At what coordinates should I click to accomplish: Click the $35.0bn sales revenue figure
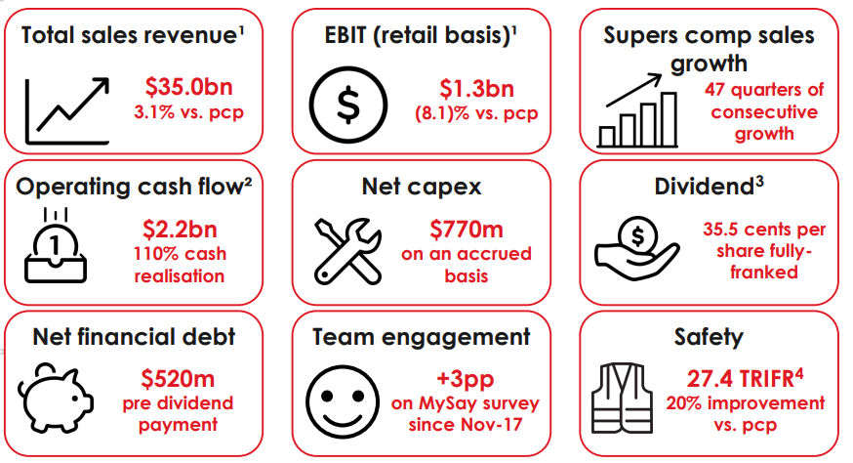pos(188,87)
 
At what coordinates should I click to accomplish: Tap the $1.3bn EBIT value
pos(476,89)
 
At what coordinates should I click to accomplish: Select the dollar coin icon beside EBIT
pos(348,105)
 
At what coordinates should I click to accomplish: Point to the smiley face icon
pos(343,402)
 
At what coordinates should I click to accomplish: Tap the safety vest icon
pos(622,398)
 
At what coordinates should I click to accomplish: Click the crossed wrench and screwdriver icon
pos(347,251)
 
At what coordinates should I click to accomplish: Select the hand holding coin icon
pos(636,248)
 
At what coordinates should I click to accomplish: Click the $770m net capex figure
pos(467,230)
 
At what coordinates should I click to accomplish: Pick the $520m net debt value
pos(178,379)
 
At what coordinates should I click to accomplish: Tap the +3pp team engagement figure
pos(466,379)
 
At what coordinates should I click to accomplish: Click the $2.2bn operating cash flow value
pos(180,230)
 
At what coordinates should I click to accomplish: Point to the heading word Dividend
pos(704,187)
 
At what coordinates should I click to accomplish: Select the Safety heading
pos(709,337)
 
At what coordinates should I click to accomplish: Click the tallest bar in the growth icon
pos(669,119)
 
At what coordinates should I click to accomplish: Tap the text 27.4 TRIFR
pos(741,379)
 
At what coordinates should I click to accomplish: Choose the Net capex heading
pos(422,187)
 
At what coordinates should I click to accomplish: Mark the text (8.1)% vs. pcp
pos(476,113)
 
